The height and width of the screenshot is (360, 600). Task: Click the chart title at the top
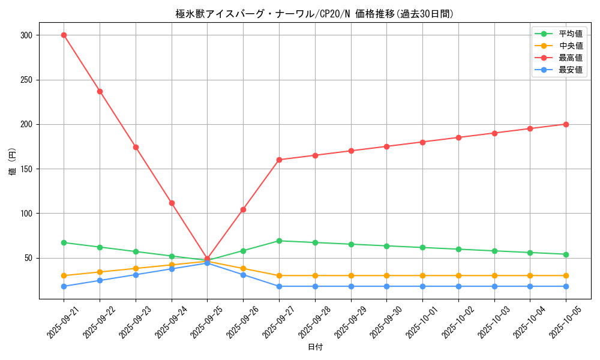tap(315, 14)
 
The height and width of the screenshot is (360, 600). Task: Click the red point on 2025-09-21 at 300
tap(64, 35)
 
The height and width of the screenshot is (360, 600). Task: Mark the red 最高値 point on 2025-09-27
tap(279, 160)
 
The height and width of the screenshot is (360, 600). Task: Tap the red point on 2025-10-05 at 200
tap(566, 124)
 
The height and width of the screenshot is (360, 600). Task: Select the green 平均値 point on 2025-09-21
tap(64, 242)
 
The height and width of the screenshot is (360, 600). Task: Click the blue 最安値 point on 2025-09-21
tap(64, 286)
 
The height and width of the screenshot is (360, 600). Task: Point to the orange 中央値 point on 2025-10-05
tap(566, 275)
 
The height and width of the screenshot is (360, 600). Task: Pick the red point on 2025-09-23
tap(136, 147)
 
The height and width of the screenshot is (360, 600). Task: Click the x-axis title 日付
tap(315, 347)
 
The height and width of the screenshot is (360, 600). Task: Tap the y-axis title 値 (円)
tap(13, 161)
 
